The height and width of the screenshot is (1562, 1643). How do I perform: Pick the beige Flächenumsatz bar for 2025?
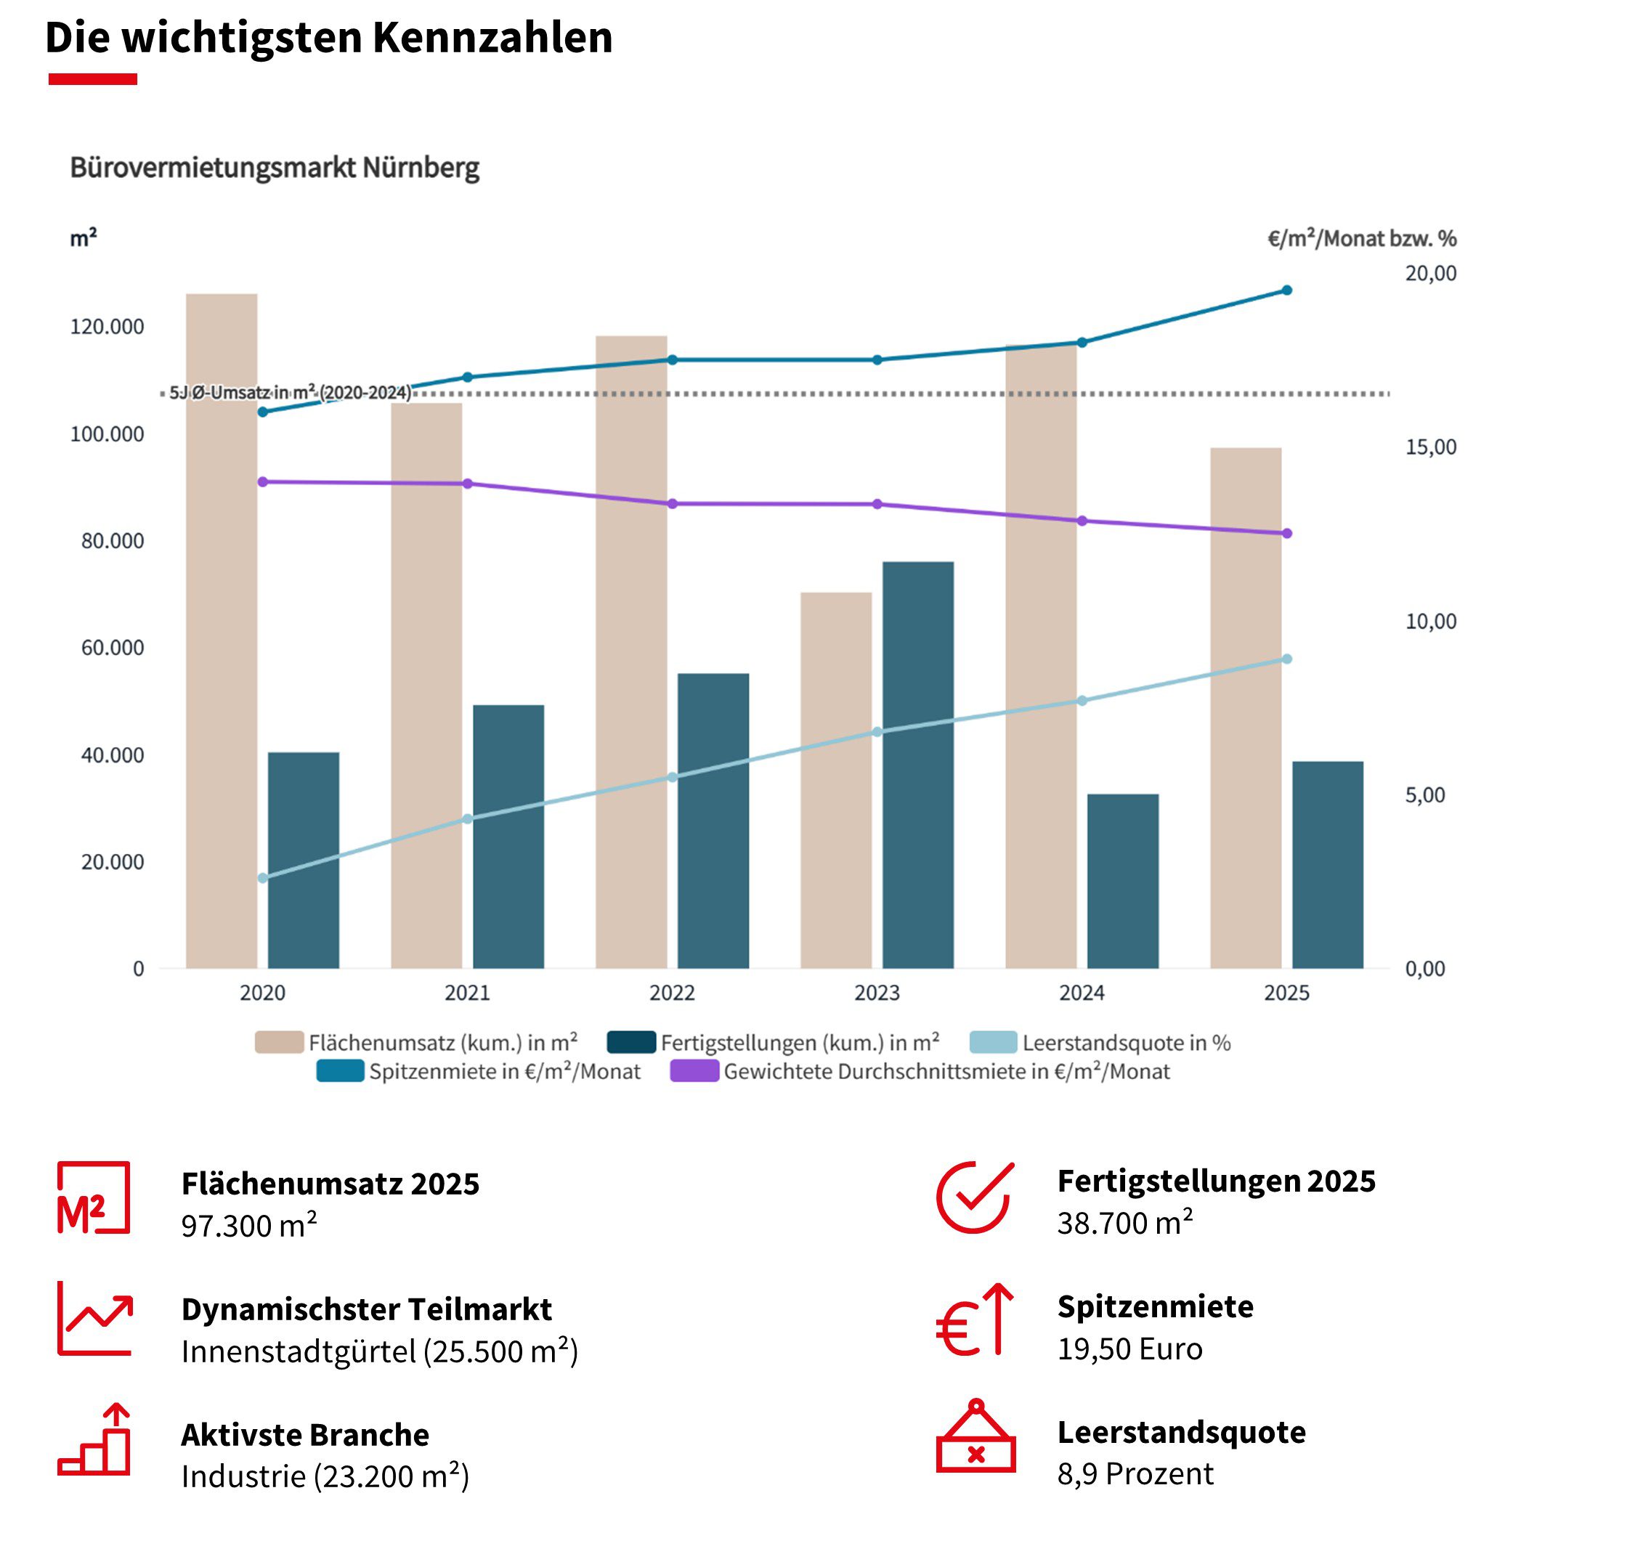[x=1245, y=708]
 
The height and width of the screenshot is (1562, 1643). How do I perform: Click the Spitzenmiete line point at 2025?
[x=1286, y=290]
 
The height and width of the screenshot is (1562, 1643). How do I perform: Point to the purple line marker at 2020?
[x=262, y=481]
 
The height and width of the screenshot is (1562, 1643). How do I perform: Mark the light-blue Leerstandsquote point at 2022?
[x=672, y=777]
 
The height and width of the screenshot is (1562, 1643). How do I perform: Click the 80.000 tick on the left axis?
[x=112, y=540]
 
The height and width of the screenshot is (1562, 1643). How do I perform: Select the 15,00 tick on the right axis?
[x=1430, y=447]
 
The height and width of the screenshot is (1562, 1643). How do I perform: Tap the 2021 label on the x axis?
[x=467, y=993]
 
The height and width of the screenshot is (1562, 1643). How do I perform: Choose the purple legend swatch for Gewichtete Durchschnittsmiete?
[x=694, y=1071]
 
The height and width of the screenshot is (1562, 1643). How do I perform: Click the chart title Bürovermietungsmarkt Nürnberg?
[x=274, y=167]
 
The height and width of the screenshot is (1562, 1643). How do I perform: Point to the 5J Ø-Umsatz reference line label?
[x=289, y=392]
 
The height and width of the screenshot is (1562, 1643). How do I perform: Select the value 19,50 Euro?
[x=1129, y=1348]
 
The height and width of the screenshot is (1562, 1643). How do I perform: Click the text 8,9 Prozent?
[x=1135, y=1473]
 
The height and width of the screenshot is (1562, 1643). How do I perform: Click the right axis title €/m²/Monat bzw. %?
[x=1360, y=239]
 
